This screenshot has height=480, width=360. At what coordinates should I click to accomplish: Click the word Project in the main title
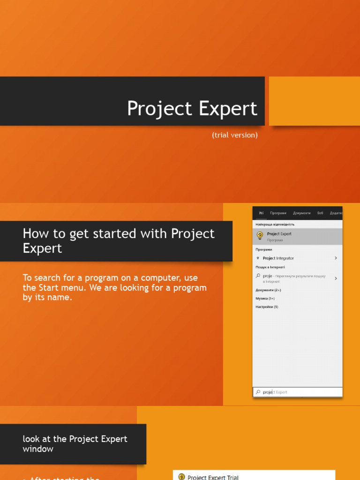[x=159, y=109]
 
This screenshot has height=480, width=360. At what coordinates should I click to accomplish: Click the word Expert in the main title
[x=228, y=109]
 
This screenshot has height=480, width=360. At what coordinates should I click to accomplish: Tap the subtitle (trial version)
[x=234, y=135]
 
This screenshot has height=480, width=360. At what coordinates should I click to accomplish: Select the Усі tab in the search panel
[x=261, y=213]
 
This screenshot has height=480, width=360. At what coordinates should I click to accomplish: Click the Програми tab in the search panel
[x=278, y=213]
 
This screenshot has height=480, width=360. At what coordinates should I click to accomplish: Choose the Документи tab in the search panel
[x=301, y=213]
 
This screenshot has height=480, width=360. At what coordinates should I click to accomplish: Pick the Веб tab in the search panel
[x=320, y=213]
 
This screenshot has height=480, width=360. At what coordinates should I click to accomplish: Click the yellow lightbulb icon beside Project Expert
[x=260, y=235]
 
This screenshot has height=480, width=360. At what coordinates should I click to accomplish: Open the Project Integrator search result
[x=278, y=258]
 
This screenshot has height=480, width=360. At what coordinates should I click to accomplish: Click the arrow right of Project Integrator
[x=336, y=258]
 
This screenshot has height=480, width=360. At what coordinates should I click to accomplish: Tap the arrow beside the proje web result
[x=336, y=278]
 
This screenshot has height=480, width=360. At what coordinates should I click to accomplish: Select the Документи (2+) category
[x=268, y=290]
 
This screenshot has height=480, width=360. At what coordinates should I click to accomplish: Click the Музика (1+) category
[x=265, y=299]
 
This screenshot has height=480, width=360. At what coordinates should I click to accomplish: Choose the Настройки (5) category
[x=267, y=307]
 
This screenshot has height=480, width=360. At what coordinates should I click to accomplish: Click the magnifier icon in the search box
[x=258, y=392]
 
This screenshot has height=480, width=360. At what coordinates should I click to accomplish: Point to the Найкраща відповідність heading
[x=275, y=225]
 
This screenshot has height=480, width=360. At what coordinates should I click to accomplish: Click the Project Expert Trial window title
[x=213, y=477]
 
